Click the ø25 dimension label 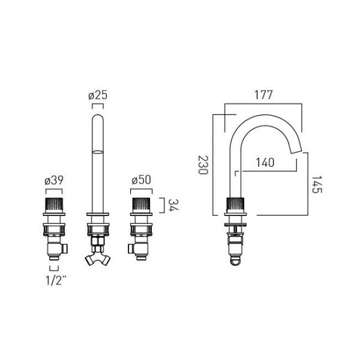tap(98, 95)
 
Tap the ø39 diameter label tap(54, 181)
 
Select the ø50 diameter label tap(141, 180)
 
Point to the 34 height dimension tap(173, 205)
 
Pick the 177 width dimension tap(263, 95)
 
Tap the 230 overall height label tap(203, 165)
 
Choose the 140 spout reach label tap(265, 163)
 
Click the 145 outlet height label tap(317, 185)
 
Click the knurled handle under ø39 tap(54, 205)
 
